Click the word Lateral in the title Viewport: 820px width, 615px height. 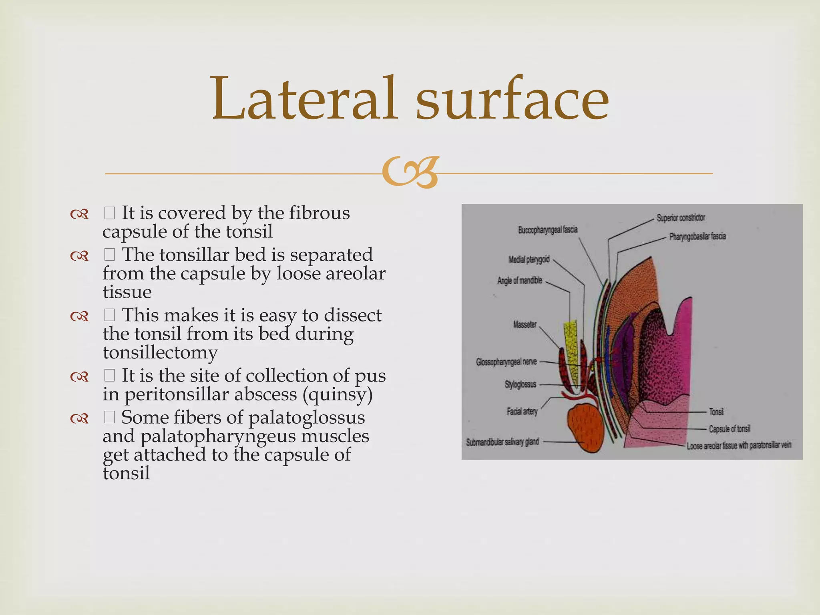coord(304,99)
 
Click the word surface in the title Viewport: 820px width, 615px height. coord(512,99)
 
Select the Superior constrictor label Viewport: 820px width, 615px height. coord(681,218)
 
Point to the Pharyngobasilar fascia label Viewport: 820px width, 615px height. coord(697,237)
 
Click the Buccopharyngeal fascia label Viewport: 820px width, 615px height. coord(548,230)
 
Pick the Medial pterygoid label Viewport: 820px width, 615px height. coord(529,260)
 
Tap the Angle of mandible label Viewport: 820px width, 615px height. coord(520,281)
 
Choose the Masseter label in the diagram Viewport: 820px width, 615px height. coord(525,325)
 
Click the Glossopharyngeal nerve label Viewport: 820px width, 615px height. coord(506,362)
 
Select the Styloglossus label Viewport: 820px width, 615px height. coord(520,385)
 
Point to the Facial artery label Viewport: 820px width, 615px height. coord(522,411)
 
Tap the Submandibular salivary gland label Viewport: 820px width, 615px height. coord(502,442)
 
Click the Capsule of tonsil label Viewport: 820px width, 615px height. coord(729,429)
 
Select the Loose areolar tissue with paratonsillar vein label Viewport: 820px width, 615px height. coord(739,446)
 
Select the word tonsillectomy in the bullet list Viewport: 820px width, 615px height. coord(160,353)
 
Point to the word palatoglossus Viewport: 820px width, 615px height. coord(307,418)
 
